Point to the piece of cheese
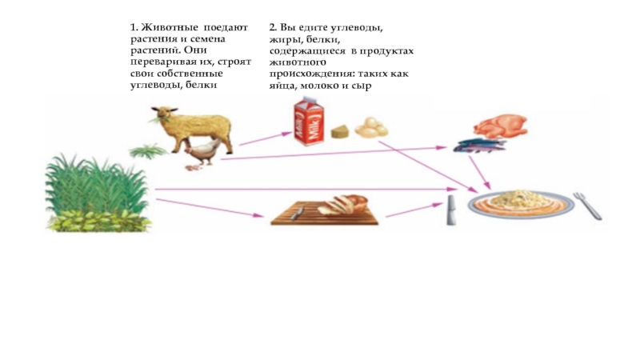(x=342, y=130)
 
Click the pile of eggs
(x=370, y=127)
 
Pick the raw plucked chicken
(x=499, y=125)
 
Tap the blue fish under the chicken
(x=479, y=146)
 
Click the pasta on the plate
(x=520, y=199)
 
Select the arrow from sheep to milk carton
(x=265, y=139)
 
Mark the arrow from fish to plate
(x=479, y=171)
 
